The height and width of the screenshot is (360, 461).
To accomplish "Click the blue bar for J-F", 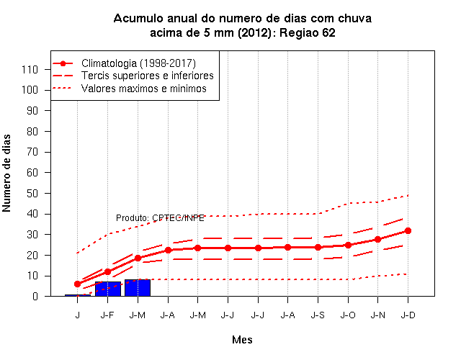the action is click(x=108, y=289).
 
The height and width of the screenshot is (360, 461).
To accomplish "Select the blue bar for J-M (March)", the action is click(x=138, y=288).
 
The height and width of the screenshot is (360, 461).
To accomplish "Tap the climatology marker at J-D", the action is click(x=408, y=231).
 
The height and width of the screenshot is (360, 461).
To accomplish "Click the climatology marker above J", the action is click(x=78, y=284).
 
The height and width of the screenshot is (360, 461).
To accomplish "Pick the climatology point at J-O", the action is click(x=348, y=245).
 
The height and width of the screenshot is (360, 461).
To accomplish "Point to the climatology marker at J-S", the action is click(x=318, y=248).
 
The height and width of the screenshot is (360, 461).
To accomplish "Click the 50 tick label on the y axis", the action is click(x=32, y=194).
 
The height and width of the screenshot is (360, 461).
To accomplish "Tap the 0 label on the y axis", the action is click(x=35, y=296).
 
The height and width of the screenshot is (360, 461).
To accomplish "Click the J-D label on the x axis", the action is click(x=408, y=315).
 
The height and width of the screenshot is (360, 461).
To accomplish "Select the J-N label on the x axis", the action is click(x=377, y=315).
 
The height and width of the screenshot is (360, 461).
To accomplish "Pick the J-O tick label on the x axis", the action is click(x=348, y=315).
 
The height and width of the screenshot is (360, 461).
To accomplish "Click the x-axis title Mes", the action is click(x=242, y=340).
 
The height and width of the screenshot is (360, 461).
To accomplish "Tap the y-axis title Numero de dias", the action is click(x=6, y=173).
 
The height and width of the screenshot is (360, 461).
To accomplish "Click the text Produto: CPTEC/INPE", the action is click(x=160, y=218).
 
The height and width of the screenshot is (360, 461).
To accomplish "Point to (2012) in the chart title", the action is click(x=254, y=33).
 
